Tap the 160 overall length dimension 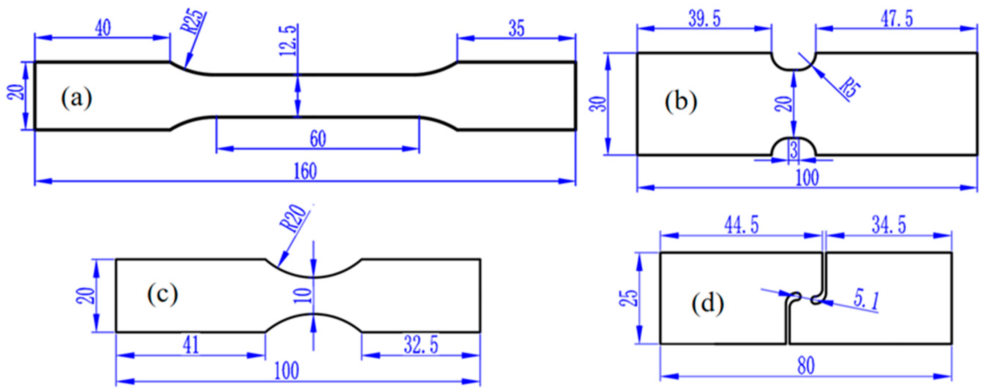(306, 171)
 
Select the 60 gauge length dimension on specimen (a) (318, 139)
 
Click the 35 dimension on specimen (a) (516, 29)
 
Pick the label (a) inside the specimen (77, 99)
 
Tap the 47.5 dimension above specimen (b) (891, 19)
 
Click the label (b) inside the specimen (680, 103)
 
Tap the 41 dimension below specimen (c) (191, 345)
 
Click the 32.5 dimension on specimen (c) (421, 345)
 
